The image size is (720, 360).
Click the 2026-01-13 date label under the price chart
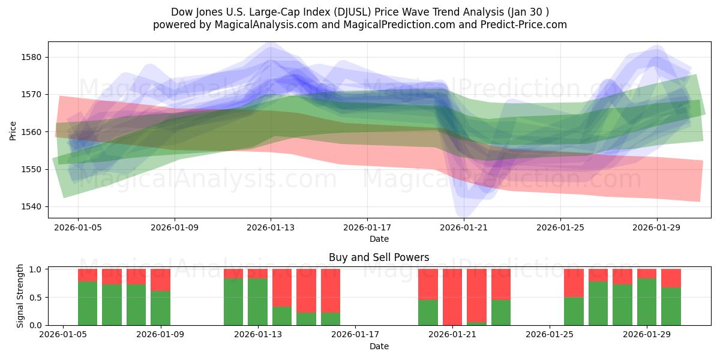[271, 228]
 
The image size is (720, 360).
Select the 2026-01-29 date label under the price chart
[656, 228]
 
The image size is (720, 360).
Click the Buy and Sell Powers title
[379, 257]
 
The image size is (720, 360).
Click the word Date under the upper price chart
[379, 239]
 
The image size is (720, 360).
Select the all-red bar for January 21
[452, 297]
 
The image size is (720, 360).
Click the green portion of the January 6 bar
[112, 305]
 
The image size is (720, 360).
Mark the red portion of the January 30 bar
[671, 278]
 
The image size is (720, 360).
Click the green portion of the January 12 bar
[233, 302]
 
